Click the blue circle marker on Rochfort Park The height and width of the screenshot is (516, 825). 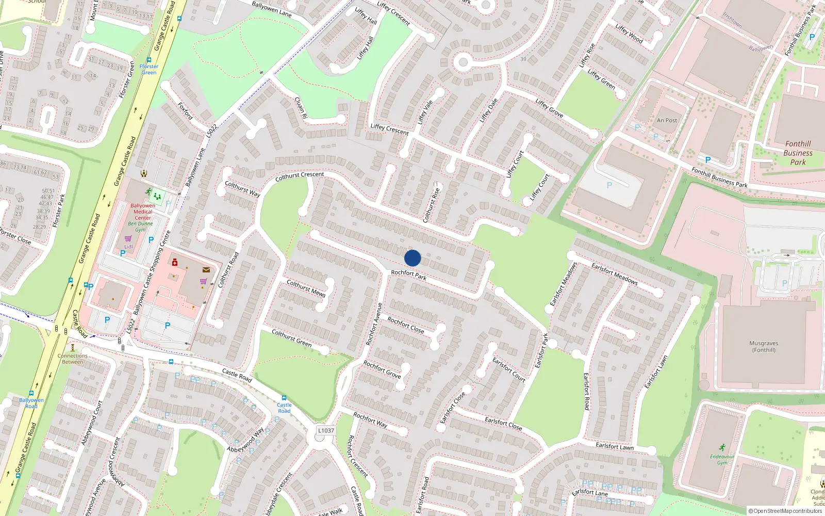(x=412, y=258)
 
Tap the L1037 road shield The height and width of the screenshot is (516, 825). (x=326, y=430)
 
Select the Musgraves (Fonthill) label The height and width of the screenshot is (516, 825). (x=764, y=346)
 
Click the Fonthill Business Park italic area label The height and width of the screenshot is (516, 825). (x=798, y=153)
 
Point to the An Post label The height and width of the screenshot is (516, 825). (x=667, y=120)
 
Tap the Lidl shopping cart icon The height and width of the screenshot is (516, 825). (x=128, y=238)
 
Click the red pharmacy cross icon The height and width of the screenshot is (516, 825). (x=175, y=263)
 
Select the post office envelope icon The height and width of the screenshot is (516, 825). (x=206, y=269)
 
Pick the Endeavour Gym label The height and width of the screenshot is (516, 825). (x=722, y=459)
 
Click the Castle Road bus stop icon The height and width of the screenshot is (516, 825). (x=284, y=398)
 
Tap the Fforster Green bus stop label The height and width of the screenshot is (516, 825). (x=149, y=69)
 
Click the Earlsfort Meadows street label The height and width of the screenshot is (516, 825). (x=615, y=274)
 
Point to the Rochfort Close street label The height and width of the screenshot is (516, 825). (x=406, y=325)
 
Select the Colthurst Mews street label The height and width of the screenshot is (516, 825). (x=306, y=288)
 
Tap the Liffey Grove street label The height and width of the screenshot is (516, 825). (x=549, y=108)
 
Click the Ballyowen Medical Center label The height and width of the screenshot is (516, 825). (x=143, y=212)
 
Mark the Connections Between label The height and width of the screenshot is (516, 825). (x=73, y=359)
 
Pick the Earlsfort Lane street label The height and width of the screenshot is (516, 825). (x=589, y=492)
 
